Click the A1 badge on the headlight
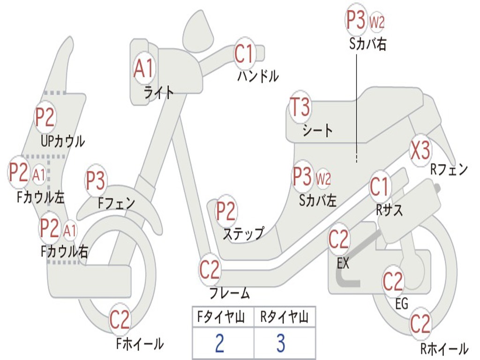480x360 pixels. point(143,68)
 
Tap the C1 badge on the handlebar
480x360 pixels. point(244,53)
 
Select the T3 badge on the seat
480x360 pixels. point(300,108)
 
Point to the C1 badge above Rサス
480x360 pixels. point(380,187)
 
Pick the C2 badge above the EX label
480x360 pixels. point(339,239)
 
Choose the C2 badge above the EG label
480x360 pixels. point(393,281)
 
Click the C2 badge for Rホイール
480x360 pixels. point(420,323)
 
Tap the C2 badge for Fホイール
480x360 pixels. point(120,320)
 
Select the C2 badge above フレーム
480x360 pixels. point(210,269)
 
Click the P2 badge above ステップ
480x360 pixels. point(225,211)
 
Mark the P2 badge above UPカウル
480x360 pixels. point(45,117)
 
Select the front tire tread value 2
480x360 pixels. point(219,343)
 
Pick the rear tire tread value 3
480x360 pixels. point(280,343)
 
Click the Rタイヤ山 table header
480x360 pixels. point(284,318)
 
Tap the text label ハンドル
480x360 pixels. point(258,75)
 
